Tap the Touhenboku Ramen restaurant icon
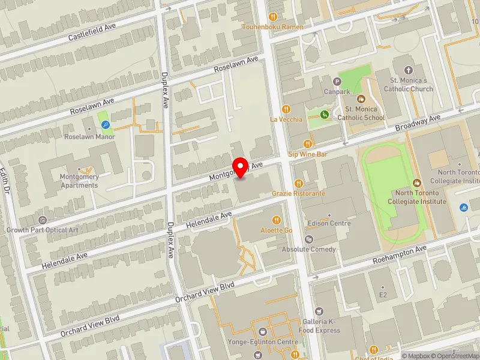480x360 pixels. [x=272, y=17]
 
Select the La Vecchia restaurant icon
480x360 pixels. [x=286, y=109]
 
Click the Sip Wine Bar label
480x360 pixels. [x=307, y=154]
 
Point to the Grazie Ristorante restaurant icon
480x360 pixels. [x=298, y=184]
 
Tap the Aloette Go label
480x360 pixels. [x=276, y=230]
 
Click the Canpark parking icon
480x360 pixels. [x=337, y=81]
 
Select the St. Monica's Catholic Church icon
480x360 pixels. [x=409, y=70]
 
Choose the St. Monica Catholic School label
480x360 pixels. [x=365, y=113]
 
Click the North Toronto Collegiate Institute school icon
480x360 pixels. [x=417, y=182]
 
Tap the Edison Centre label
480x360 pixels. [x=329, y=223]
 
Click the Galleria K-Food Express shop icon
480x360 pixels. [x=319, y=311]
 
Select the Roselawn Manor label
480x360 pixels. [x=89, y=136]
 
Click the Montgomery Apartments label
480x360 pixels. [x=79, y=181]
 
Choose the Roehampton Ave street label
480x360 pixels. [x=399, y=255]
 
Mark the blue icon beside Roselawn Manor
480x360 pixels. [x=106, y=125]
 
